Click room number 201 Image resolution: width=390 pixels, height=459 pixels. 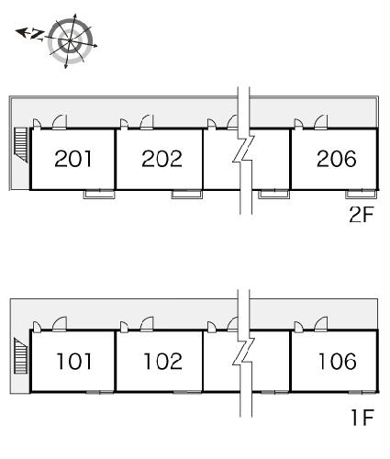pos(73,159)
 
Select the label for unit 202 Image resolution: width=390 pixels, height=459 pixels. pos(162,159)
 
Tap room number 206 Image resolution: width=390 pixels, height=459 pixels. pos(337,159)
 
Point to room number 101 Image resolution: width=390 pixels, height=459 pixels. pos(74,361)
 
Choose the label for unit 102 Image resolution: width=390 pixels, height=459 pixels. pos(162,361)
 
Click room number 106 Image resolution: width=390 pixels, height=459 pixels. pos(338,361)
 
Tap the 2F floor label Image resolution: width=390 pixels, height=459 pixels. pos(362,215)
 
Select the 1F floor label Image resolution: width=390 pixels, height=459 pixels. pos(362,418)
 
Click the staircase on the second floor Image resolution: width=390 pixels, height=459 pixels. pos(21,145)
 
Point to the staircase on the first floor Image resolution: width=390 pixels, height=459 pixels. pos(21,356)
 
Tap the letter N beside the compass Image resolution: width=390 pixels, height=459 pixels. pos(38,35)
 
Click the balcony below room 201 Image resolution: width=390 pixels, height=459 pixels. pos(99,195)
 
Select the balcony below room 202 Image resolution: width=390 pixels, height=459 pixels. pos(186,195)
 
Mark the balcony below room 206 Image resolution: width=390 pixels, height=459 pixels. pos(361,195)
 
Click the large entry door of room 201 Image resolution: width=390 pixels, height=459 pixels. pos(60,122)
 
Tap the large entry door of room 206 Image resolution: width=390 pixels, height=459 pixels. pos(321,122)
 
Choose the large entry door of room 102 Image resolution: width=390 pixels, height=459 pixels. pos(147,324)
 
